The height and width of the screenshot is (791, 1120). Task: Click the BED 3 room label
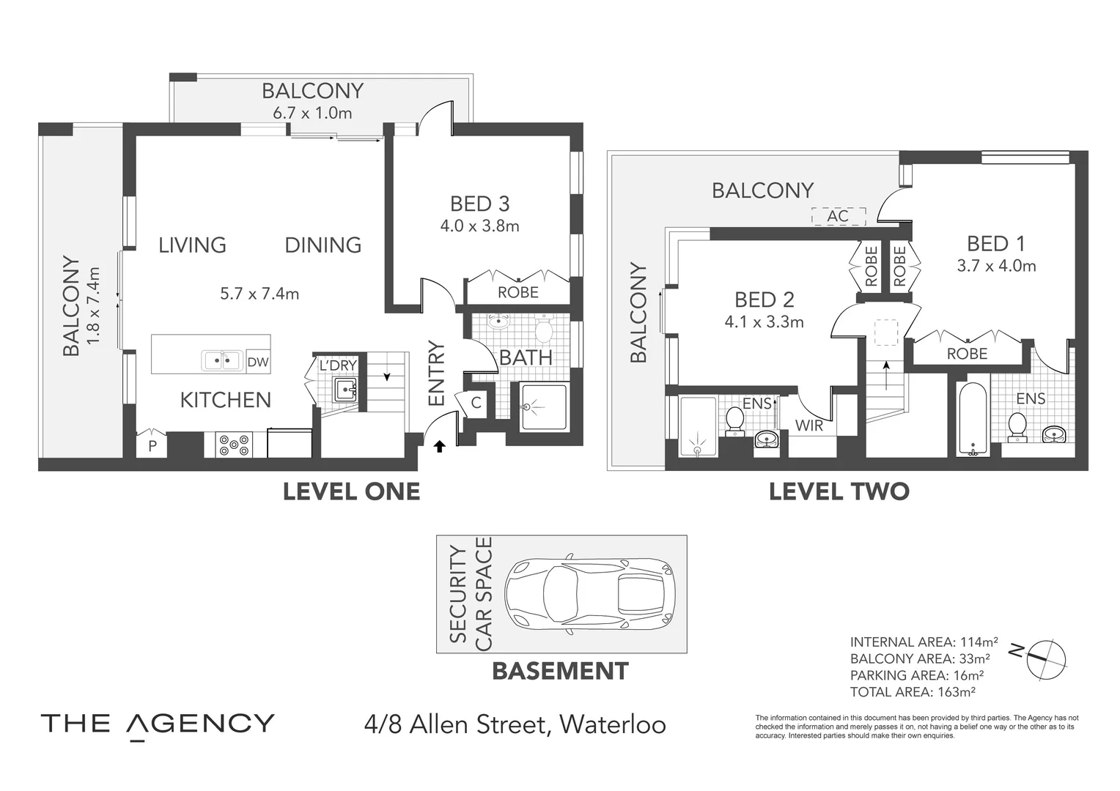point(479,204)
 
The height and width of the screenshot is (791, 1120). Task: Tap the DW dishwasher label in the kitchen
point(257,362)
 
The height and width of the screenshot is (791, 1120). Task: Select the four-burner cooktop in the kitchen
point(234,444)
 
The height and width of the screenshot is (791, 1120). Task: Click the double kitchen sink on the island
point(222,360)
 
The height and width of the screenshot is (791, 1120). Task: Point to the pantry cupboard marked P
point(152,445)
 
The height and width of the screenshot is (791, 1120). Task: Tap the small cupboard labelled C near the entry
point(476,402)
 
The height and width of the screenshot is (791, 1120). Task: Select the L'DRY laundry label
point(338,365)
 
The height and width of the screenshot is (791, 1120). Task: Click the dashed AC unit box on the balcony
point(838,216)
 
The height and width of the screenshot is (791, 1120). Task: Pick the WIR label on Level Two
point(809,425)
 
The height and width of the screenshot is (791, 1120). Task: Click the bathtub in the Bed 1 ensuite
point(972,419)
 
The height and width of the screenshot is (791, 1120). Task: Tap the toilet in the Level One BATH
point(544,330)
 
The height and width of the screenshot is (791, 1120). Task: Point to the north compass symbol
point(1041,654)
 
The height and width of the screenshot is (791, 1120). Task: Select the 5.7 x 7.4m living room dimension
point(259,294)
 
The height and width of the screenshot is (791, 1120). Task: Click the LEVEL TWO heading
point(839,491)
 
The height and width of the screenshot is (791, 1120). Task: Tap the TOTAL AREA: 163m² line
point(912,691)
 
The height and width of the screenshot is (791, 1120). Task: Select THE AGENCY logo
point(158,724)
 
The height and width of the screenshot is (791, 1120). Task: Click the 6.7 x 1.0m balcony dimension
point(312,113)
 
